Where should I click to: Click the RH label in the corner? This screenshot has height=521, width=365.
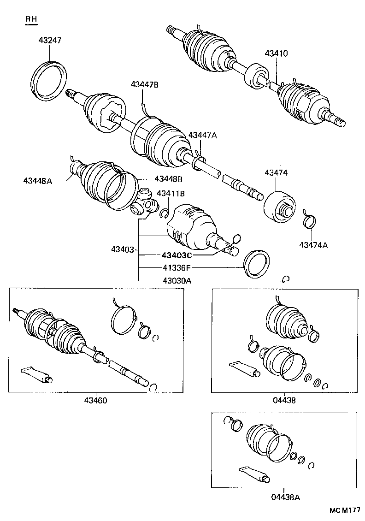tap(31, 19)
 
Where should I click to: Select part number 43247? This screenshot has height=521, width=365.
tap(49, 41)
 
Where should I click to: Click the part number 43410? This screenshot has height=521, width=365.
tap(276, 53)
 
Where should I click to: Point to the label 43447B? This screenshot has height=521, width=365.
tap(144, 84)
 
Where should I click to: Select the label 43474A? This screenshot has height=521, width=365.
tap(313, 245)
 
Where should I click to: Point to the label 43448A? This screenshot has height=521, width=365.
tap(38, 181)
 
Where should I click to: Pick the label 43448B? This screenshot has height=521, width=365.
tap(169, 178)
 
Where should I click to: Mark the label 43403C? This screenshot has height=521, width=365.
tap(177, 255)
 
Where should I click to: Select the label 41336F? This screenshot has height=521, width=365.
tap(176, 267)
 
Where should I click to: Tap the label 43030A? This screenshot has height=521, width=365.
tap(176, 280)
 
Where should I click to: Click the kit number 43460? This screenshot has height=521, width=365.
tap(95, 400)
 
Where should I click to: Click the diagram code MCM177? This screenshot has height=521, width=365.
tap(345, 511)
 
